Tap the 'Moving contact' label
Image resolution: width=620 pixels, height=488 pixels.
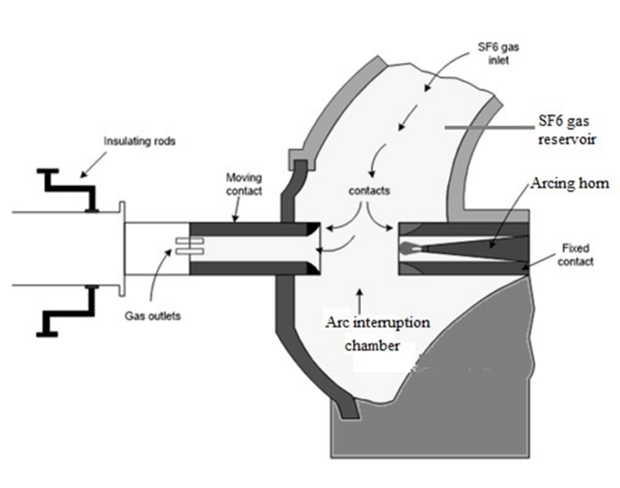[246, 184]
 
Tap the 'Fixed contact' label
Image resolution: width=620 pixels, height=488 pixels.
[575, 253]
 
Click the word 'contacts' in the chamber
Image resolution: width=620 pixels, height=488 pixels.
[369, 190]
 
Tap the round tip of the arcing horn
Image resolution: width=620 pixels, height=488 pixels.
[405, 247]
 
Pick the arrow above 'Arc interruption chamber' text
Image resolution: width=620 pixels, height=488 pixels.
[358, 297]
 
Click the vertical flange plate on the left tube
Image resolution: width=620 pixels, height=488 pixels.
[122, 246]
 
